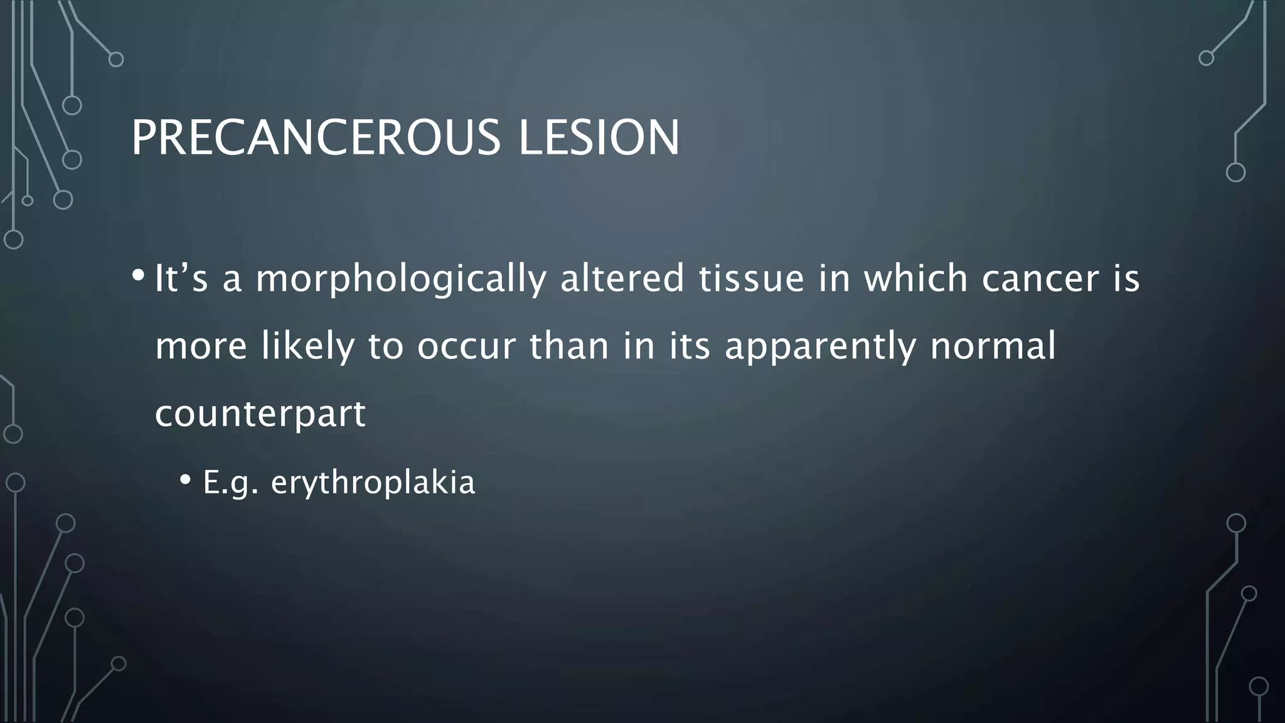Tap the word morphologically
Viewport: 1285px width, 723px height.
[x=401, y=279]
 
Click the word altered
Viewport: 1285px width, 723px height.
[x=622, y=279]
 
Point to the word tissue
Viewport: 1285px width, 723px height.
[x=751, y=279]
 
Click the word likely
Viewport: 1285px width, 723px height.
[x=307, y=346]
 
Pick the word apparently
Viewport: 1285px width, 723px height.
[x=820, y=346]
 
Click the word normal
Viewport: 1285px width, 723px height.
[x=993, y=346]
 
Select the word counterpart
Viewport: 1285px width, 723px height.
[x=260, y=414]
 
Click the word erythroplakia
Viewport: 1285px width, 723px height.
[x=373, y=483]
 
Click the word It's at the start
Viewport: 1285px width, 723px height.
[x=181, y=279]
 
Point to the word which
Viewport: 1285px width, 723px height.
[x=915, y=279]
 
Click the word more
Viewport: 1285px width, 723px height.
[x=201, y=346]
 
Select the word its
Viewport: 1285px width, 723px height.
[x=689, y=346]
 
